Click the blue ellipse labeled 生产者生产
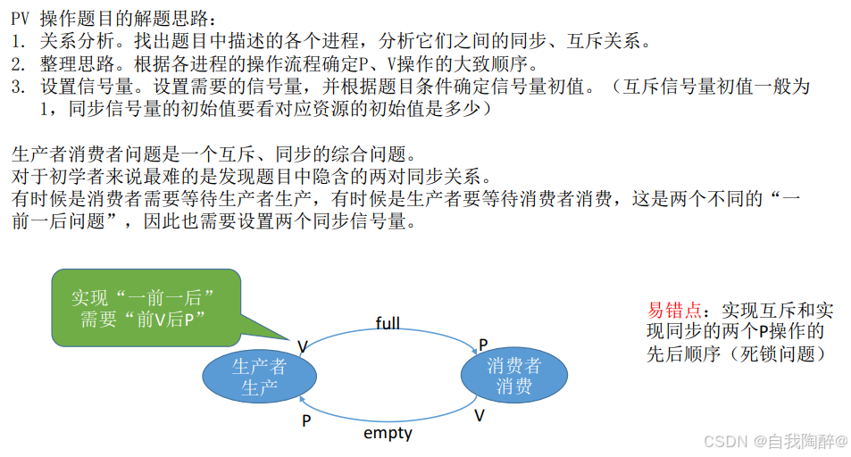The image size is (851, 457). (x=259, y=376)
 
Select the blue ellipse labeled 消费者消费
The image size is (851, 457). (x=513, y=376)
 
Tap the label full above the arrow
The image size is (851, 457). (x=388, y=322)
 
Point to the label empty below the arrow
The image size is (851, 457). (x=388, y=433)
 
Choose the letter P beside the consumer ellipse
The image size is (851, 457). (x=483, y=345)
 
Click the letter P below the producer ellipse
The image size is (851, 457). (x=305, y=420)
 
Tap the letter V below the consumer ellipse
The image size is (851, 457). (x=480, y=416)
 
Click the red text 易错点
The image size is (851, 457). (x=674, y=311)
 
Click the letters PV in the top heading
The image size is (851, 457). (x=21, y=18)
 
